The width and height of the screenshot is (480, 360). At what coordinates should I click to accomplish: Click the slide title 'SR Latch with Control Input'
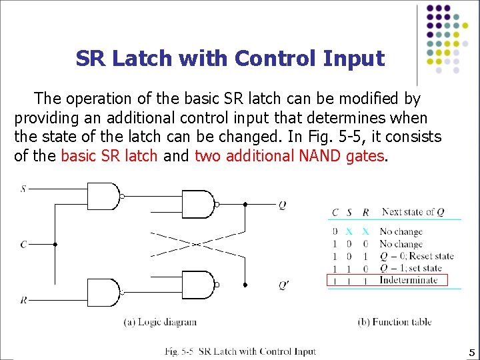[x=230, y=59]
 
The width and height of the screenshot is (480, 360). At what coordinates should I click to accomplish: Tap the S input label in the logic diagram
[x=23, y=189]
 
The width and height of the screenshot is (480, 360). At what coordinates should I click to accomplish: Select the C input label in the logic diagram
[x=23, y=245]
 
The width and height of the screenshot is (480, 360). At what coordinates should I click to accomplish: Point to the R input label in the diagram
[x=23, y=301]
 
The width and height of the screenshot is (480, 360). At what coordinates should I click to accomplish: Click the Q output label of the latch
[x=283, y=205]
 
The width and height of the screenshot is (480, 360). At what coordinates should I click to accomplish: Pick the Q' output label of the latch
[x=284, y=285]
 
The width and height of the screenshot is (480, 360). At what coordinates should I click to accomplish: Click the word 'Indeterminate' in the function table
[x=408, y=280]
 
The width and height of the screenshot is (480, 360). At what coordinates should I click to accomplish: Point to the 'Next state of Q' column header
[x=413, y=212]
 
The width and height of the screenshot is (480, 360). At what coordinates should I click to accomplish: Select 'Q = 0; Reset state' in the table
[x=416, y=256]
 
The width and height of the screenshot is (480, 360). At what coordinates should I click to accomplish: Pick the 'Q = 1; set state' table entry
[x=411, y=268]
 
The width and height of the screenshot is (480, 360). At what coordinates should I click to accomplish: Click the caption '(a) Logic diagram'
[x=161, y=322]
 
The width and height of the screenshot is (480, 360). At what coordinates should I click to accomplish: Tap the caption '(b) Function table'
[x=395, y=322]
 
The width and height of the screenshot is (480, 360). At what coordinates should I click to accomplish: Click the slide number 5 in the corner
[x=471, y=353]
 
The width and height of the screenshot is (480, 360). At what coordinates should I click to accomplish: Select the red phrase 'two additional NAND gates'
[x=289, y=156]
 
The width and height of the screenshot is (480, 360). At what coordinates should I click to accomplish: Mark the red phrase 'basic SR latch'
[x=109, y=156]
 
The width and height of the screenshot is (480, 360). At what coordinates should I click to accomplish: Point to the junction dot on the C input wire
[x=55, y=245]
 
